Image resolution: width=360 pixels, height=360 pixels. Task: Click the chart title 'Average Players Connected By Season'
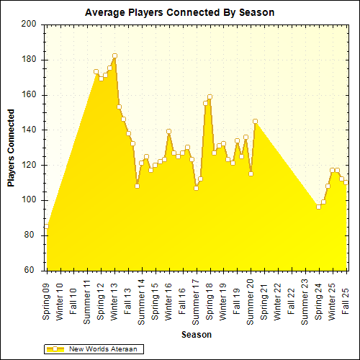coord(179,13)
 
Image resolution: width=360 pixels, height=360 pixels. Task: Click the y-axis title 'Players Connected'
coord(12,148)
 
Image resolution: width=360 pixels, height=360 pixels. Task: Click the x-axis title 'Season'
coord(196,335)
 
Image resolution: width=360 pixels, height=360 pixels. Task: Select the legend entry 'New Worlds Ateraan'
coord(102,349)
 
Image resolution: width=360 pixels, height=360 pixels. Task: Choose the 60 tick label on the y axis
coord(31,271)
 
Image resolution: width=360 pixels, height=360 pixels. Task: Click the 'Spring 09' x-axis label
coord(47,301)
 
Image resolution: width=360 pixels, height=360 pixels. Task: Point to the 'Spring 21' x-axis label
coord(264,301)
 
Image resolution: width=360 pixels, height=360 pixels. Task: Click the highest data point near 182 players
coord(114,56)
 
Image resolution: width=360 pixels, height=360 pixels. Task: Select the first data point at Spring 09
coord(47,227)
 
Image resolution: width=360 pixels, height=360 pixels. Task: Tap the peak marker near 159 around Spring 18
coord(210,96)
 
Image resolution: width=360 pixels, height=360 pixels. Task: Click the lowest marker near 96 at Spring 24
coord(318,207)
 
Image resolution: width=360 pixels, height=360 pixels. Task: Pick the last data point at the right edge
coord(346,182)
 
